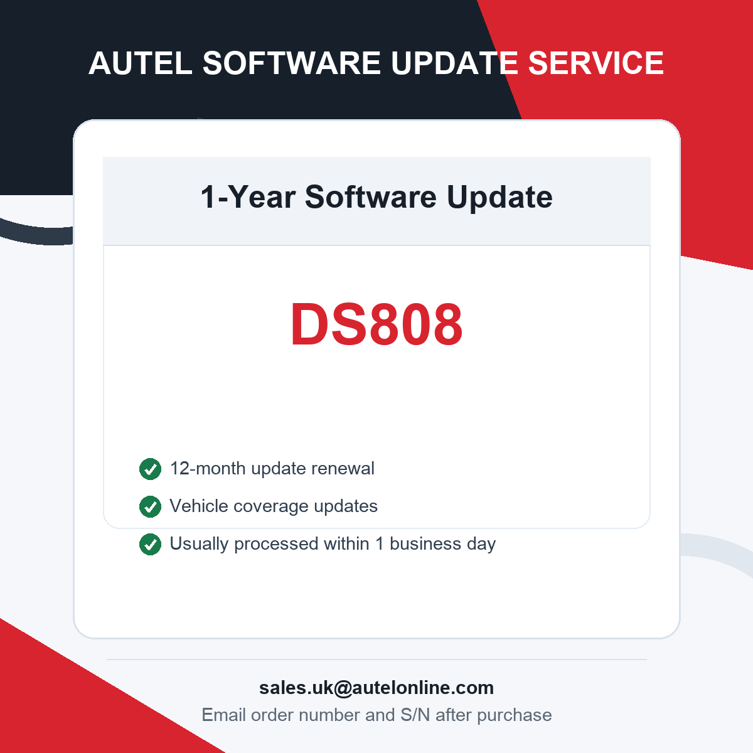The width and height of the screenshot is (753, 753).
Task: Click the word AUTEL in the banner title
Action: (x=141, y=63)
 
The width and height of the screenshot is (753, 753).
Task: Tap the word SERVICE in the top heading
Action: (x=595, y=63)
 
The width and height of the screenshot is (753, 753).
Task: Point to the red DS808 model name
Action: (x=376, y=324)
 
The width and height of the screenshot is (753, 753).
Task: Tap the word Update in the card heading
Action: (x=499, y=198)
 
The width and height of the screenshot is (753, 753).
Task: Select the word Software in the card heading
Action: (x=370, y=197)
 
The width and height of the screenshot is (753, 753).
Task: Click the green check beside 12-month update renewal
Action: (x=150, y=469)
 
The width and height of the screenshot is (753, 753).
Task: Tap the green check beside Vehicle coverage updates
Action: (x=150, y=506)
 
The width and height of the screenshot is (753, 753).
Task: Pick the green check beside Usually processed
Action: (x=150, y=544)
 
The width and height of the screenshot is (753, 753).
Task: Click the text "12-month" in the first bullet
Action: (x=208, y=468)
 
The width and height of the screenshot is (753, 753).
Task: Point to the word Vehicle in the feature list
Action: (x=199, y=506)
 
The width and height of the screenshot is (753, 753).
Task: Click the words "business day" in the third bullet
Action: (x=443, y=544)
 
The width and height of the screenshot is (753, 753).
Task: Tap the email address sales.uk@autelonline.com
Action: (x=376, y=688)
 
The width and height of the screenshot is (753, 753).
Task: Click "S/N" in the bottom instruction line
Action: (x=415, y=715)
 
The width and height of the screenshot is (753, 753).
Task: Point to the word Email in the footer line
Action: (x=223, y=715)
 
